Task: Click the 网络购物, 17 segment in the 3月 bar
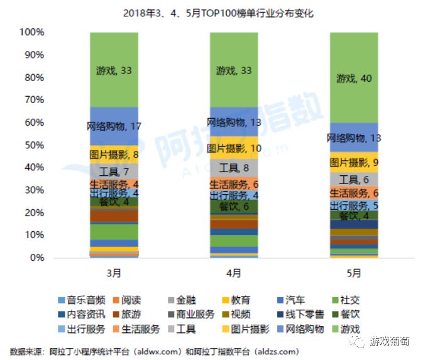(114, 126)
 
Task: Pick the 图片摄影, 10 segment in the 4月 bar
(234, 148)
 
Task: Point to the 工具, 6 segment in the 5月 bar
(353, 180)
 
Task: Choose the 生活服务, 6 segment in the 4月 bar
(234, 185)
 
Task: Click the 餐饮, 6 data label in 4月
(234, 207)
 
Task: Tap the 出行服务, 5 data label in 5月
(354, 205)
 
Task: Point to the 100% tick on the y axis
(31, 32)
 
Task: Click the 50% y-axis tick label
(33, 145)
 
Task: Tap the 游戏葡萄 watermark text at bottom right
(390, 342)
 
